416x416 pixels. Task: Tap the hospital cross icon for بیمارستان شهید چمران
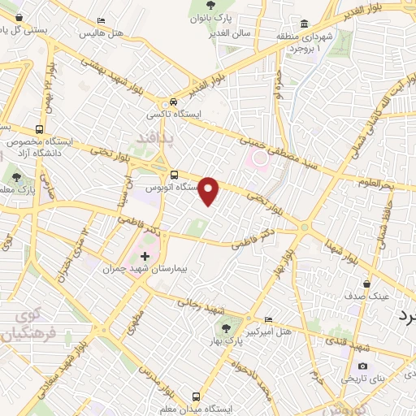(x=146, y=257)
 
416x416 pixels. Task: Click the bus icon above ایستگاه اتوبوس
(x=175, y=175)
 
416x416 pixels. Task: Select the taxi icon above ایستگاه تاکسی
(x=173, y=103)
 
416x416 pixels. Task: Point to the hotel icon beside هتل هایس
(x=101, y=20)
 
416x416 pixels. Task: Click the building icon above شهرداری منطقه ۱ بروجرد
(x=305, y=24)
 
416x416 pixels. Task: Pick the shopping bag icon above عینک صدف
(x=368, y=284)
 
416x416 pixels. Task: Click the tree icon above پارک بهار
(x=227, y=328)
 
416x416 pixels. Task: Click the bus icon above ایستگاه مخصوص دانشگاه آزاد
(x=40, y=129)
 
